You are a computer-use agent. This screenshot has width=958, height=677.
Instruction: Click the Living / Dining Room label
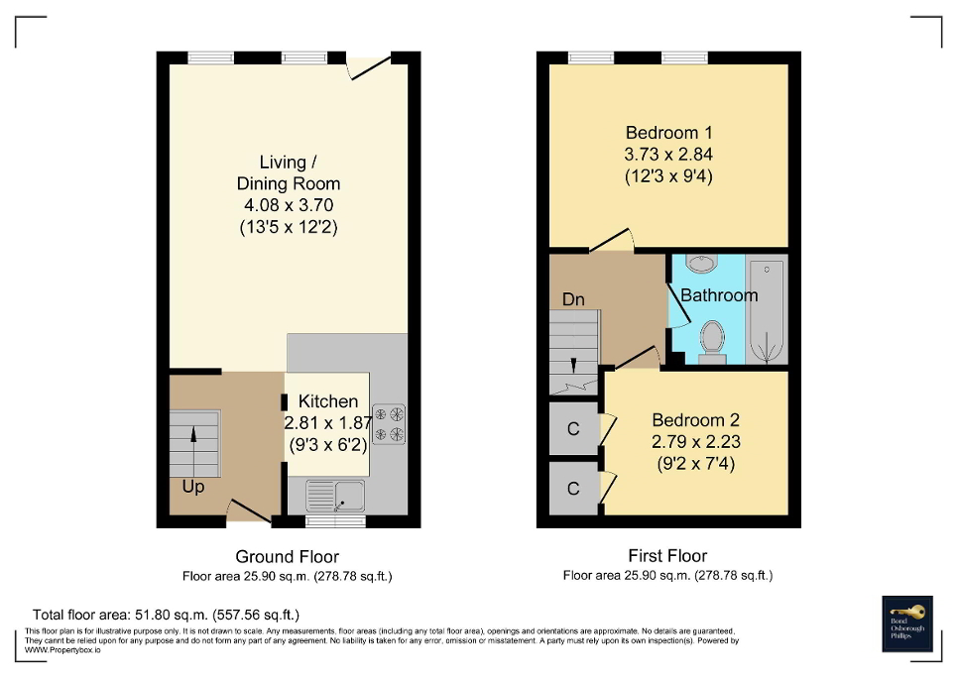point(288,172)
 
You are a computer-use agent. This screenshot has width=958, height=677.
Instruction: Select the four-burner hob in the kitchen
point(388,423)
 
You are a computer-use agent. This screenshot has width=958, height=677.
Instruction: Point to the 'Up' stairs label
point(192,487)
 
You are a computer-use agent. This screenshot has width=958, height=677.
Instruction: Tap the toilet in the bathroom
point(711,340)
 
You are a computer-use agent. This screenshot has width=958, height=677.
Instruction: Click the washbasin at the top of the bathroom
point(702,264)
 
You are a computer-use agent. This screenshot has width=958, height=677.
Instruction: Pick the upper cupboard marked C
point(572,428)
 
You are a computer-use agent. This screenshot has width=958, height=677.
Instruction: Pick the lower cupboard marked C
point(572,489)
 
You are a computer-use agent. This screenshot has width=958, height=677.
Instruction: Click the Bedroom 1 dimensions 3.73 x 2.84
point(668,155)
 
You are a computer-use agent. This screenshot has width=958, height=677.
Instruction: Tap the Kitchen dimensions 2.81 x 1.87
point(327,423)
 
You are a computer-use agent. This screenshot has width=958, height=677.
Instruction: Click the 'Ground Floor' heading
point(287,556)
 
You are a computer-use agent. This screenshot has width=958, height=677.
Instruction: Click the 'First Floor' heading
point(667,556)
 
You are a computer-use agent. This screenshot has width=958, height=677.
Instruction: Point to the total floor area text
point(166,615)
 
